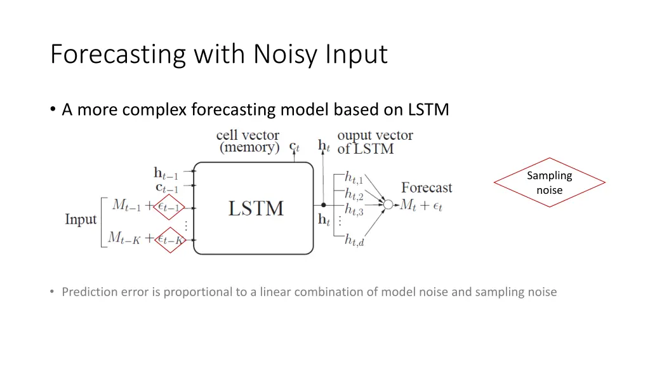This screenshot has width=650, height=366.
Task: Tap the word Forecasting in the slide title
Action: (x=117, y=55)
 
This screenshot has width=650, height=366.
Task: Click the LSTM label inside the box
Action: (x=255, y=208)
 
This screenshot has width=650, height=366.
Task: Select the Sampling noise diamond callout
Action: (x=549, y=182)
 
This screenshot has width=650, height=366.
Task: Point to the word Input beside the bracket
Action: (x=81, y=220)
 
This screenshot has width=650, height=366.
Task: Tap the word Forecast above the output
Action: (x=427, y=187)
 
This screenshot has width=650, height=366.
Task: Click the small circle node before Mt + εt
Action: (x=388, y=205)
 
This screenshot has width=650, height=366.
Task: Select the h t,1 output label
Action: (x=354, y=179)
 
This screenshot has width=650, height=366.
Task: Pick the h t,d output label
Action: (x=354, y=240)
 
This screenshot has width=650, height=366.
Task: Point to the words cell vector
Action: (x=248, y=135)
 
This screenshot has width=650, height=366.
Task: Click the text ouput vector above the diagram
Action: (x=375, y=135)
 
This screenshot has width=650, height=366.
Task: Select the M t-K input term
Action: (x=124, y=238)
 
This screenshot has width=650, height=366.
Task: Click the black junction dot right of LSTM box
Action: (x=323, y=205)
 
